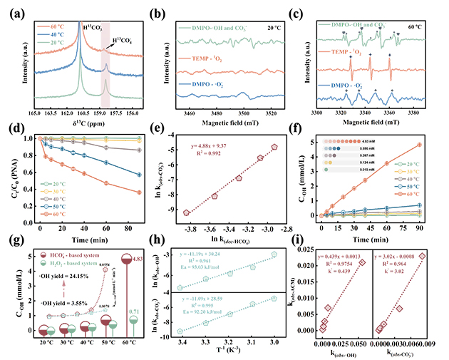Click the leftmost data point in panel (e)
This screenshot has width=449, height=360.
[x=187, y=212]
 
